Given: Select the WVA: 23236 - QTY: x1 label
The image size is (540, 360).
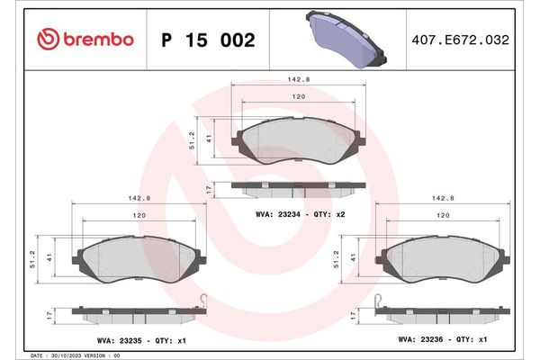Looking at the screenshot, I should (x=443, y=341).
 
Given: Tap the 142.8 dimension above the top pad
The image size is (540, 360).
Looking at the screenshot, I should (x=300, y=78).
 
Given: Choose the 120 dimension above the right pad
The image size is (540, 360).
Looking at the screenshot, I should (x=443, y=216).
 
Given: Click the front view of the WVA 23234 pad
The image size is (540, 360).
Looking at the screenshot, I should (x=300, y=141).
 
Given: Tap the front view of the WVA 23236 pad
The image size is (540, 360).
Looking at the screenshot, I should (x=443, y=261).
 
